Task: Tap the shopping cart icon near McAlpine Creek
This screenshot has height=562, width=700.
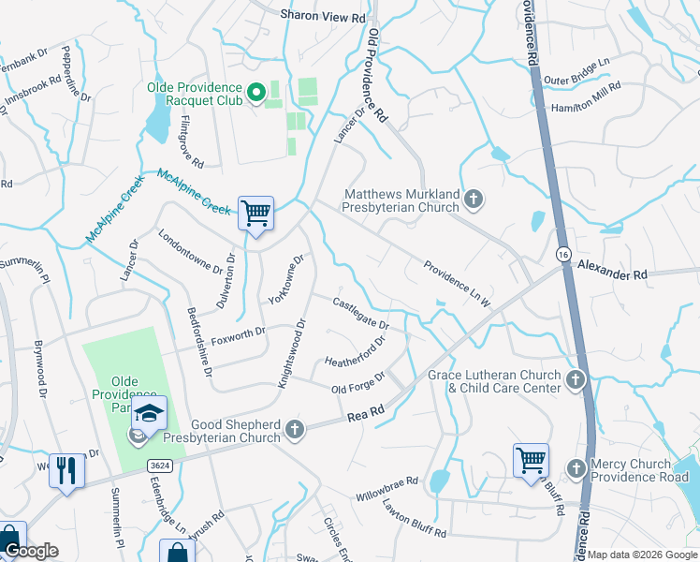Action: [255, 213]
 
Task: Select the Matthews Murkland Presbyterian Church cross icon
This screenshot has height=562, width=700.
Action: [474, 198]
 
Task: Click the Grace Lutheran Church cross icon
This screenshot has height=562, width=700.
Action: [576, 379]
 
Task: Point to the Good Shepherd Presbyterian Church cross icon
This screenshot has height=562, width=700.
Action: [295, 430]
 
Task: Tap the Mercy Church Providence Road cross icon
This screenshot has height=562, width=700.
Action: [576, 466]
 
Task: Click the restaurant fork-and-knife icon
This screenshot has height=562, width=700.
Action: [66, 469]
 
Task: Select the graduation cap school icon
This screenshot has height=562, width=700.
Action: [150, 413]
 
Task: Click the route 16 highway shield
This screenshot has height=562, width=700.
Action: [562, 255]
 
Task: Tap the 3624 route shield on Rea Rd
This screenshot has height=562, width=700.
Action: [160, 465]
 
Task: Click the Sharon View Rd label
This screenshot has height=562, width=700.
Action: [323, 17]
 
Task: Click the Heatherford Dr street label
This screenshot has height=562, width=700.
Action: [355, 352]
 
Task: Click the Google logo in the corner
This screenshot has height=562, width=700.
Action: [31, 551]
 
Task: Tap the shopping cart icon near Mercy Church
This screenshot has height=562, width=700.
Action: [531, 460]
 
